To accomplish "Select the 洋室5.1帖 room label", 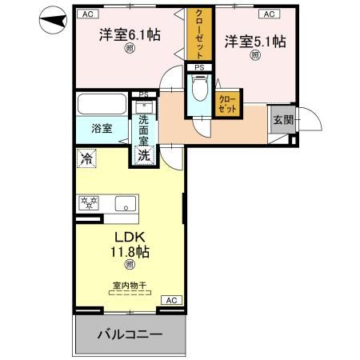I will (x=255, y=41).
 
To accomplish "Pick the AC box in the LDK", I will (x=170, y=299).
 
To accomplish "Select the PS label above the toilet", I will (x=199, y=67).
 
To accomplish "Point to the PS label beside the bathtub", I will (x=144, y=94).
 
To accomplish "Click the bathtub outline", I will (x=101, y=106).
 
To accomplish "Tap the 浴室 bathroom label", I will (x=101, y=128).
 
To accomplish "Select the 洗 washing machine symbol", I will (x=144, y=155).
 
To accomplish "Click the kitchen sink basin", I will (x=125, y=202).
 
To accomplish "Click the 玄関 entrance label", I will (x=282, y=120).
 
